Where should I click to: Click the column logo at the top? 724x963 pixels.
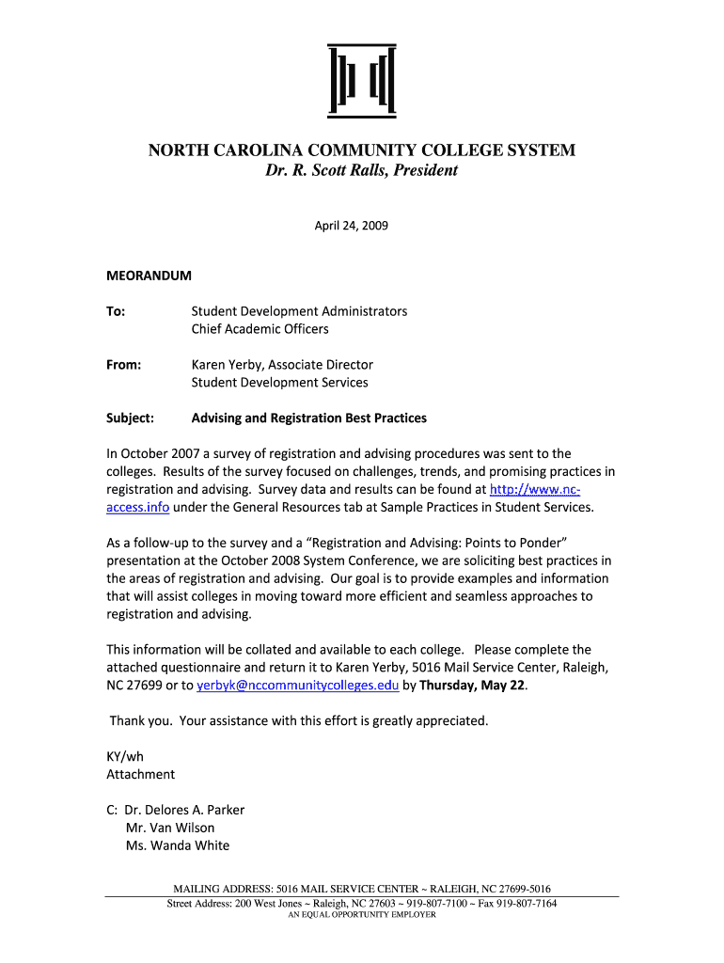coord(361,79)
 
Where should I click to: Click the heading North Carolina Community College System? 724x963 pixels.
coord(361,150)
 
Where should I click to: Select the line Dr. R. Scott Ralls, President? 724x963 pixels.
coord(361,170)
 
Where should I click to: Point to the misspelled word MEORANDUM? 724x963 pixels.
coord(149,276)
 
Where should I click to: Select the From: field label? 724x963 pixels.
coord(123,365)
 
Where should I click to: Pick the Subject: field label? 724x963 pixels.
coord(131,418)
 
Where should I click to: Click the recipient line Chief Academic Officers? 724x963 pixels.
coord(260,329)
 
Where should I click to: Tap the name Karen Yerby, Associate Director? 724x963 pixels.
coord(282,365)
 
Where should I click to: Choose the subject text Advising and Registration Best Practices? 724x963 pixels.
coord(309,418)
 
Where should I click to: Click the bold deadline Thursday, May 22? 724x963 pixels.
coord(471,686)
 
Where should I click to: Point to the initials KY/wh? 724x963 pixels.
coord(125,756)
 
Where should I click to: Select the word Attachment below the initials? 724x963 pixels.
coord(141,774)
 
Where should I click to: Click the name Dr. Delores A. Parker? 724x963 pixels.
coord(185,810)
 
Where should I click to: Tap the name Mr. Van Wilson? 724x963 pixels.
coord(170,828)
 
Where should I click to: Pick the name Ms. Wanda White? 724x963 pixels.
coord(178,845)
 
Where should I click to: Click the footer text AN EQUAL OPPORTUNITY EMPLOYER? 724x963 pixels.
coord(361,915)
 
